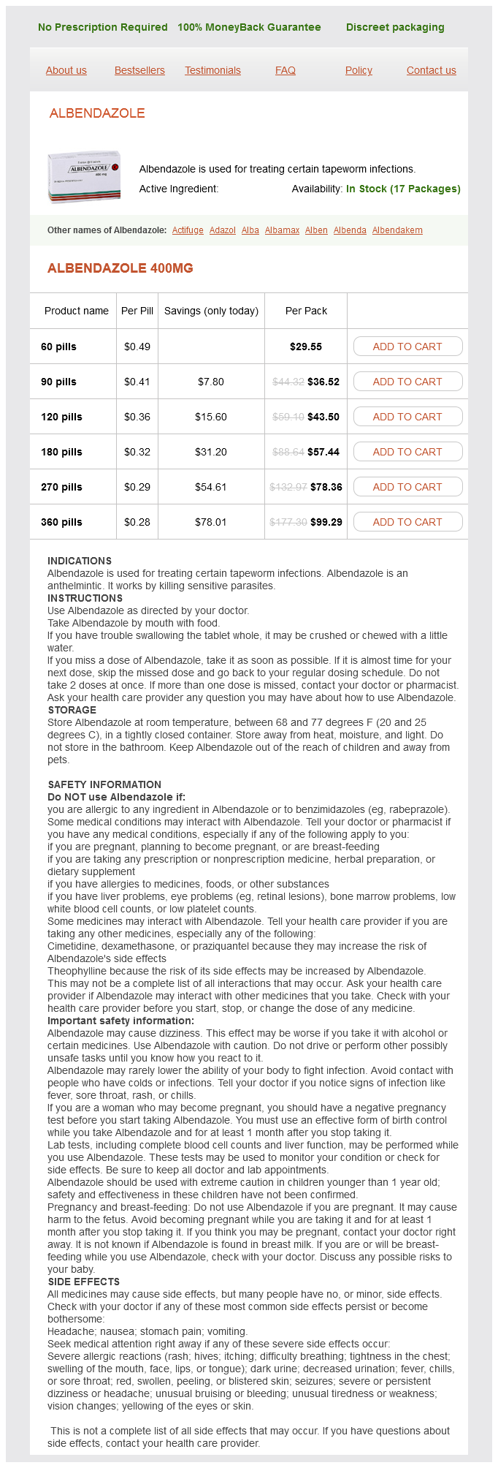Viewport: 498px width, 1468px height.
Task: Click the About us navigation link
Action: pos(66,70)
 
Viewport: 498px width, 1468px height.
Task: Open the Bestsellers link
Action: pos(139,70)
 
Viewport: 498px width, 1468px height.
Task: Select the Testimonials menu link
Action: pos(212,70)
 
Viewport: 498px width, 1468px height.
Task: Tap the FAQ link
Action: pos(286,70)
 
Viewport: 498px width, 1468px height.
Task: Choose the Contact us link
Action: pos(431,70)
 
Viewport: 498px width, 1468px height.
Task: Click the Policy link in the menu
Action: pos(359,70)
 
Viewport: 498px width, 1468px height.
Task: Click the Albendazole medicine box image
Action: pos(84,176)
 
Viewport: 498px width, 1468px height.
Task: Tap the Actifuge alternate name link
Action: pos(188,230)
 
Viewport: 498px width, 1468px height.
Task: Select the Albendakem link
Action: pos(397,230)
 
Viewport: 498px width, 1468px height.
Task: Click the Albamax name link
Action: pos(282,230)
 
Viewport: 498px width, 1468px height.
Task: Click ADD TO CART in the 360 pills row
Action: pos(407,522)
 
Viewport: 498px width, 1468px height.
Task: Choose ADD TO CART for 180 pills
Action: pos(407,452)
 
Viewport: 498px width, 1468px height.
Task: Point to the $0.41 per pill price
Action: pos(137,382)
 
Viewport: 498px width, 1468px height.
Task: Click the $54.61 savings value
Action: pos(211,487)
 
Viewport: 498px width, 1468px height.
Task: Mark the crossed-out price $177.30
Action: pos(288,522)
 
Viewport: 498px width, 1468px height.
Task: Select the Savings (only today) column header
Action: pos(211,311)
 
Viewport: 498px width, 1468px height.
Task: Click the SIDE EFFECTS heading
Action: pos(83,1282)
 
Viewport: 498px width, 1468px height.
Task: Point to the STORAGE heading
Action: pos(72,710)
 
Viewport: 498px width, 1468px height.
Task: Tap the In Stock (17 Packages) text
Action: pos(403,189)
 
